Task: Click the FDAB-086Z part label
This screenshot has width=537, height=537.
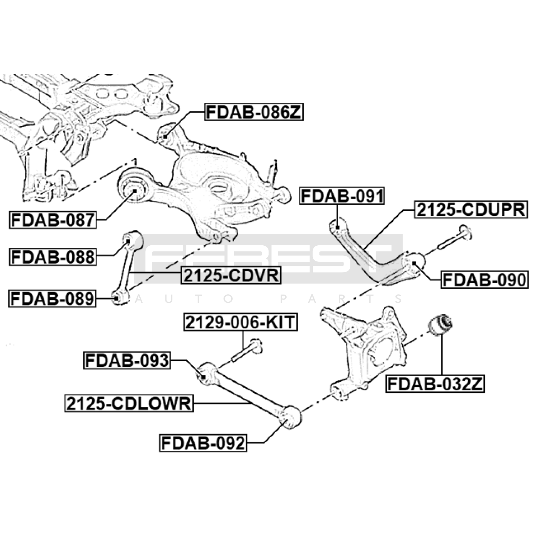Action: click(254, 112)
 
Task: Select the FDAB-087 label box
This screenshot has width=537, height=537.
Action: click(53, 220)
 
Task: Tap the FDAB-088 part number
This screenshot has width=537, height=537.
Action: click(53, 257)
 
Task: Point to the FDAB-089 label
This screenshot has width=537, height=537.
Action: click(52, 299)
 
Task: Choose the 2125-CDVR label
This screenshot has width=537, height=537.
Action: click(231, 276)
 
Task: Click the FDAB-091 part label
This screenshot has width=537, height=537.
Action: click(342, 196)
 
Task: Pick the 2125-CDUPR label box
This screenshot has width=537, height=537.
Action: click(471, 210)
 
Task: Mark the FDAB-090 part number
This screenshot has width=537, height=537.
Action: click(485, 280)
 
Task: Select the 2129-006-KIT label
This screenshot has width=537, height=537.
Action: click(240, 322)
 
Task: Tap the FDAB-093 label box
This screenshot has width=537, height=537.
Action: click(127, 360)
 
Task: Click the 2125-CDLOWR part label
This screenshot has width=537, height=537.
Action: click(129, 403)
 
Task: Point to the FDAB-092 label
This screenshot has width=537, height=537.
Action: click(203, 443)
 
